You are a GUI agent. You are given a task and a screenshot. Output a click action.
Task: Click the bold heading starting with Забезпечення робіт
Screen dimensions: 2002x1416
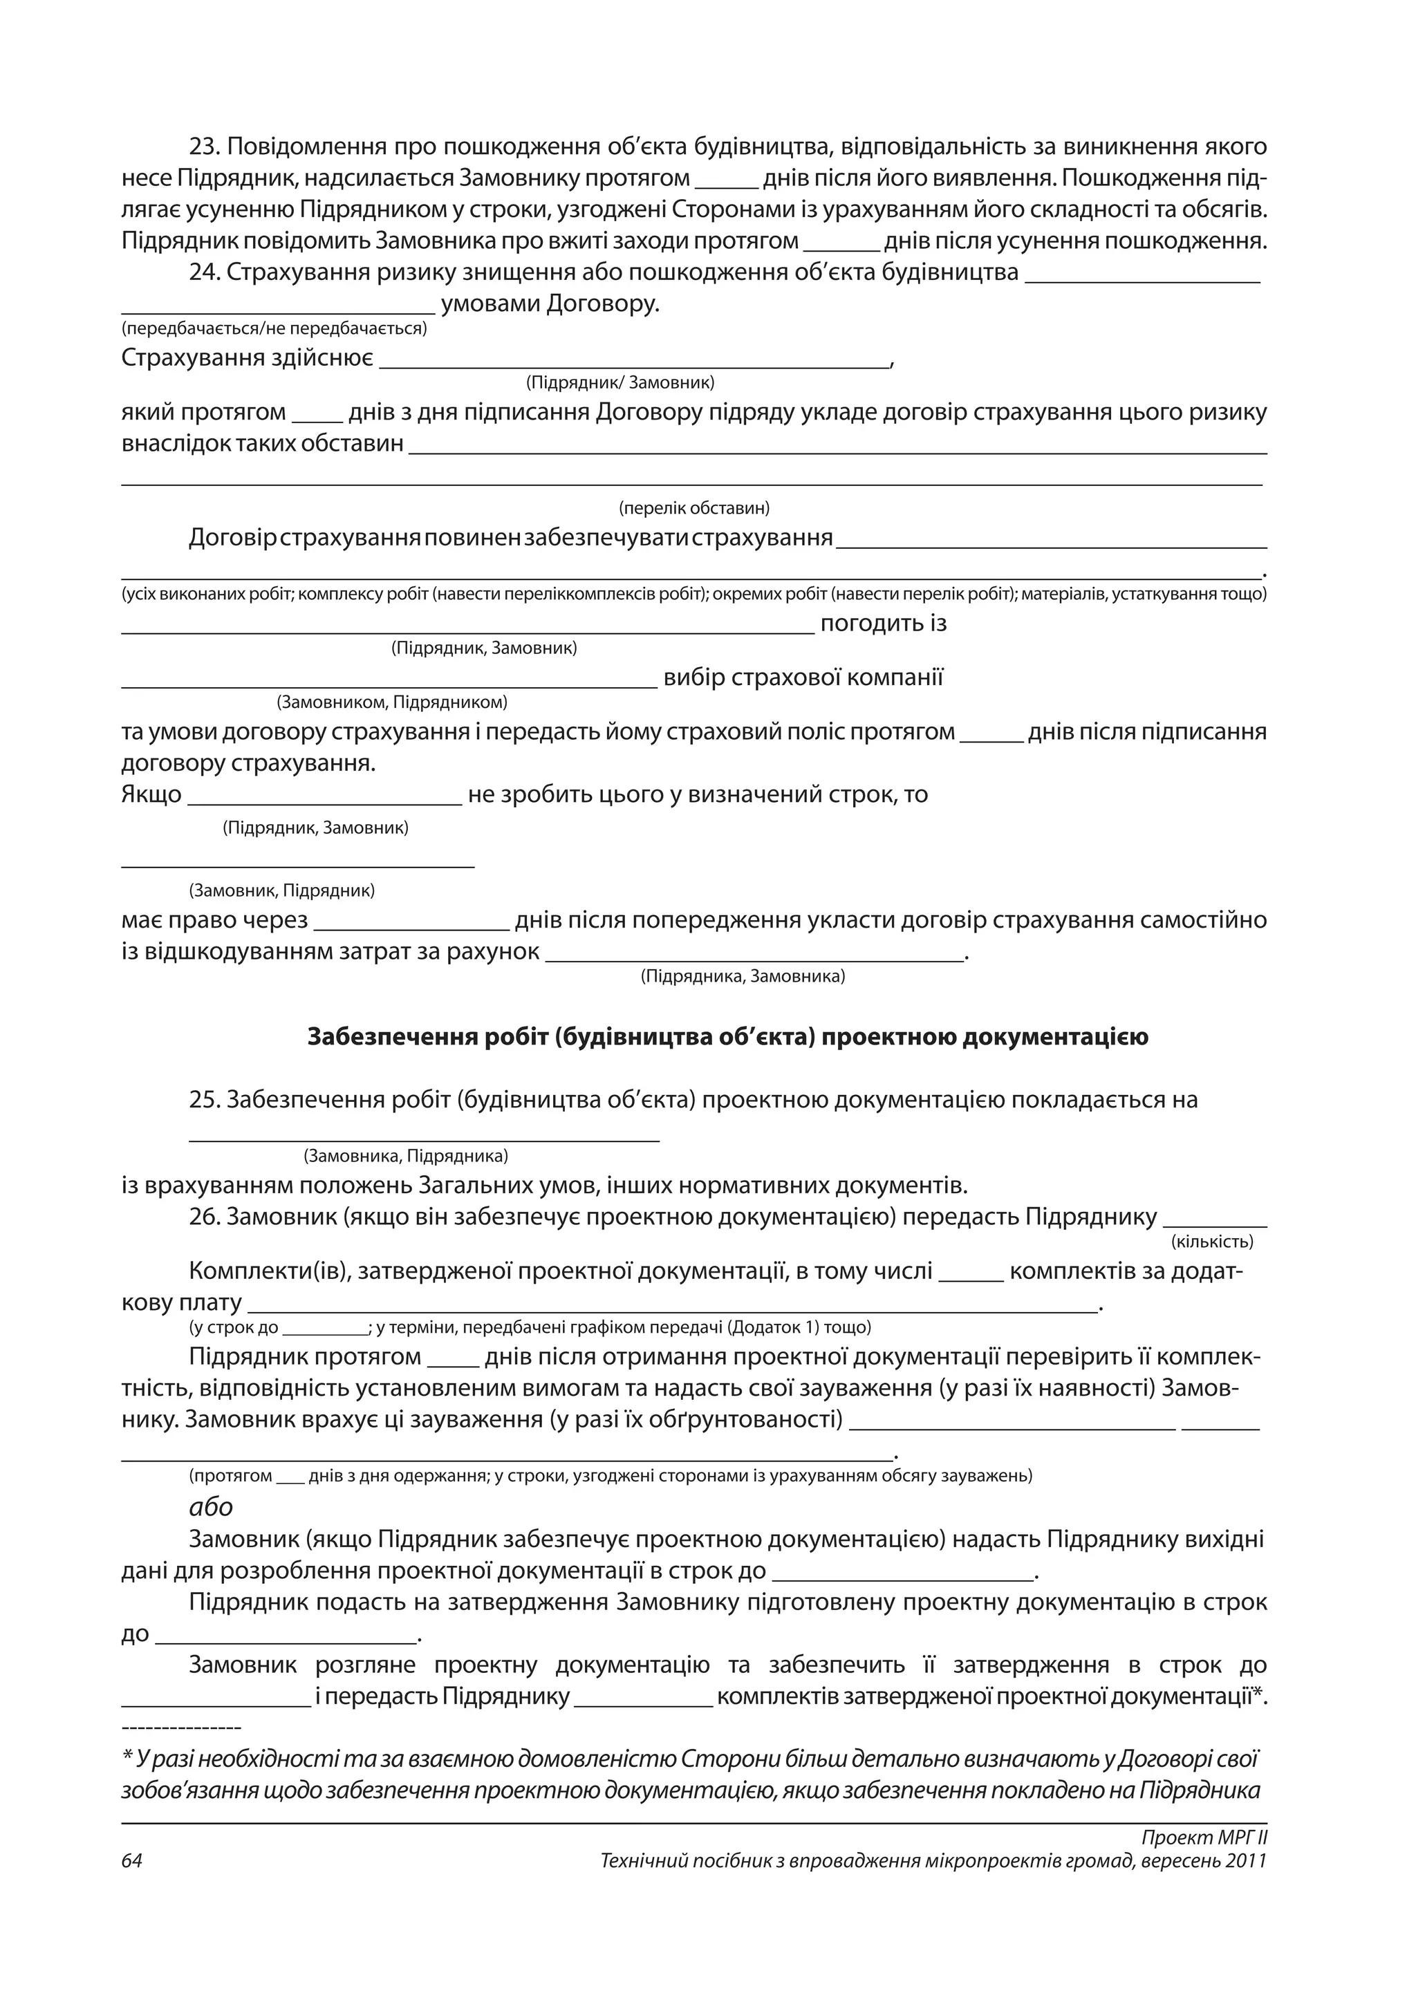tap(728, 1037)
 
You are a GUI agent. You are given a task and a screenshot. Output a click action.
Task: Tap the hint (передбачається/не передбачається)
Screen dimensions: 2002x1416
tap(274, 329)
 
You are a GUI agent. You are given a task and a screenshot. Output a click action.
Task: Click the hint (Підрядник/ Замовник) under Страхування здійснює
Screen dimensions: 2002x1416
tap(621, 383)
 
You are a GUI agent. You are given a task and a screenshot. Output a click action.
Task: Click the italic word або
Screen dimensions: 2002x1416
tap(211, 1507)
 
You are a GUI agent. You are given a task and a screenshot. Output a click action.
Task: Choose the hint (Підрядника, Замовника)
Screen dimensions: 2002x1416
tap(743, 977)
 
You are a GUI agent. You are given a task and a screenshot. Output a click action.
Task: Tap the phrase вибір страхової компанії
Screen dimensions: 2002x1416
tap(803, 678)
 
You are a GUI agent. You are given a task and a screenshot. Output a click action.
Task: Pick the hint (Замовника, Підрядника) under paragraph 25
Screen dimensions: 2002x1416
tap(405, 1157)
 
